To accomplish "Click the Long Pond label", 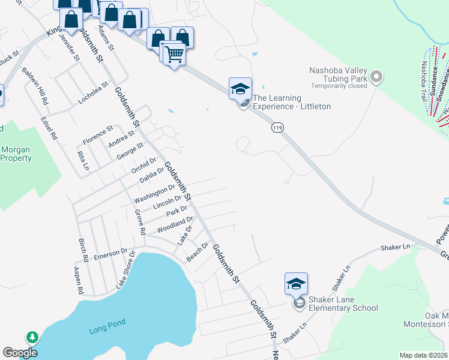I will click(x=107, y=330).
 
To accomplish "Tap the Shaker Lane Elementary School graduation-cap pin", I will click(x=296, y=284).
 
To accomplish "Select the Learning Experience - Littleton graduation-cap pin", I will click(x=240, y=89).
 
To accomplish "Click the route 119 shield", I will click(x=277, y=127).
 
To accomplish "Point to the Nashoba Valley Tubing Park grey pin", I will click(x=376, y=77).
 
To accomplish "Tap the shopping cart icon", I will click(x=174, y=55).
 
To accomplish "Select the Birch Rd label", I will click(x=83, y=250).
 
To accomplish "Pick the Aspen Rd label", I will click(x=79, y=281).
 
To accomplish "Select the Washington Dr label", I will click(x=154, y=194).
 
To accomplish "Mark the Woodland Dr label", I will click(x=175, y=226).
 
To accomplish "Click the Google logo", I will click(x=20, y=353).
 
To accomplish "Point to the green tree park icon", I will click(x=31, y=337).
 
